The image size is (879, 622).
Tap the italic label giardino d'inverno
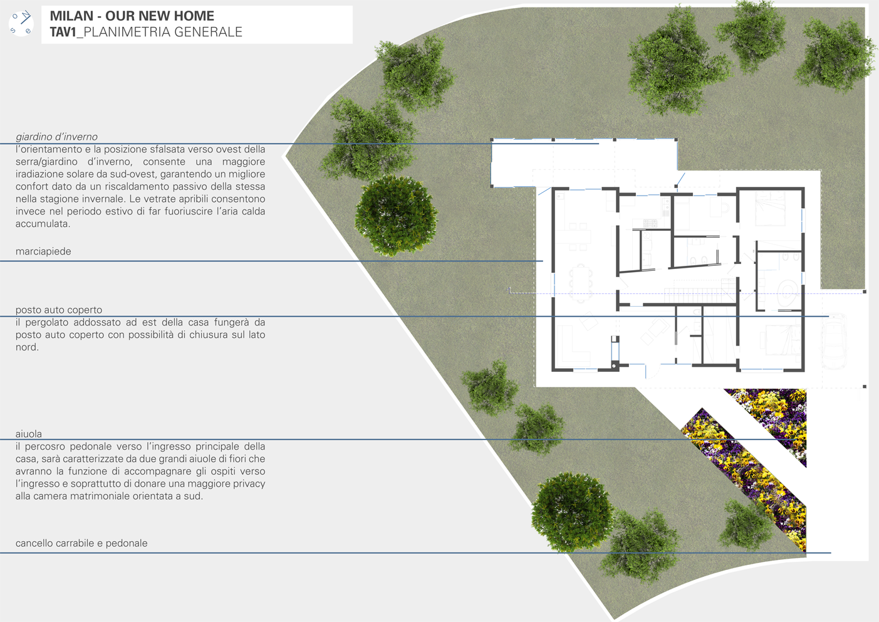[56, 137]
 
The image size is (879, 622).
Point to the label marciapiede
[43, 251]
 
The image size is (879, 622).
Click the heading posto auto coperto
[59, 310]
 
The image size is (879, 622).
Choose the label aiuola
[28, 434]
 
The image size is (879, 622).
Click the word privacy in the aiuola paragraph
[249, 484]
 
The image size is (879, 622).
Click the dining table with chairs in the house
[581, 283]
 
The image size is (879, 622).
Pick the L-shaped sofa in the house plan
[572, 345]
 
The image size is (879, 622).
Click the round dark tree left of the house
[397, 215]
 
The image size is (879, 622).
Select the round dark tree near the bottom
[573, 512]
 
